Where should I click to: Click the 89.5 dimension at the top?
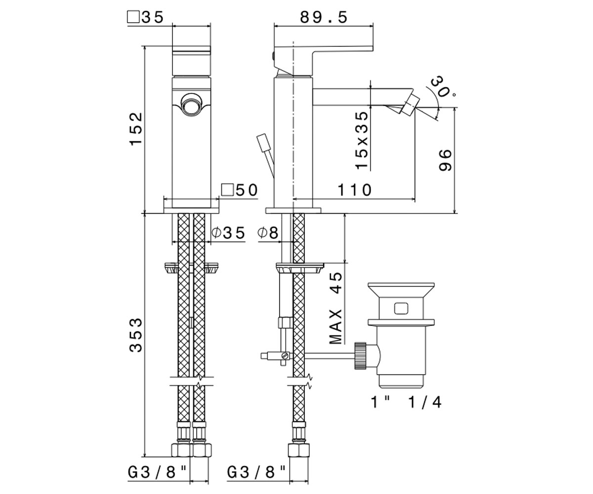[x=324, y=18]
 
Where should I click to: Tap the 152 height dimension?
[x=136, y=129]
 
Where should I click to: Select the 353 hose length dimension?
[x=136, y=335]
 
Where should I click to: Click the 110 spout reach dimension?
[x=355, y=190]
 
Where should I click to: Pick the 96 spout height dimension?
[x=445, y=160]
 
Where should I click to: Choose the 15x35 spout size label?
[x=362, y=140]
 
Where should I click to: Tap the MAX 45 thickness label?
[x=336, y=308]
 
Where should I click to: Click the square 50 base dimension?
[x=239, y=190]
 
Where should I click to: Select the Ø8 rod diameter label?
[x=268, y=233]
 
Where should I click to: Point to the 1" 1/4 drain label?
[x=406, y=402]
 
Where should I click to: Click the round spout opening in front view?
[x=191, y=104]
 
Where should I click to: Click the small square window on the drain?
[x=401, y=309]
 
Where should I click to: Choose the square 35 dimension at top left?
[x=145, y=17]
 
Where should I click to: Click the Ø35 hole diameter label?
[x=229, y=233]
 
